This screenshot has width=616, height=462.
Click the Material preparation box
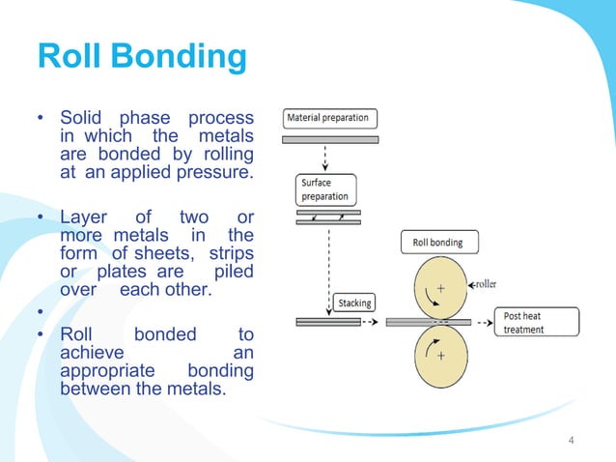330,119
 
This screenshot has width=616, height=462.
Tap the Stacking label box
354,303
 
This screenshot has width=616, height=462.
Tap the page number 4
571,442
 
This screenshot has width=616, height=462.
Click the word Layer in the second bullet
83,217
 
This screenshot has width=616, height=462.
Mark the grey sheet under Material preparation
330,139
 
